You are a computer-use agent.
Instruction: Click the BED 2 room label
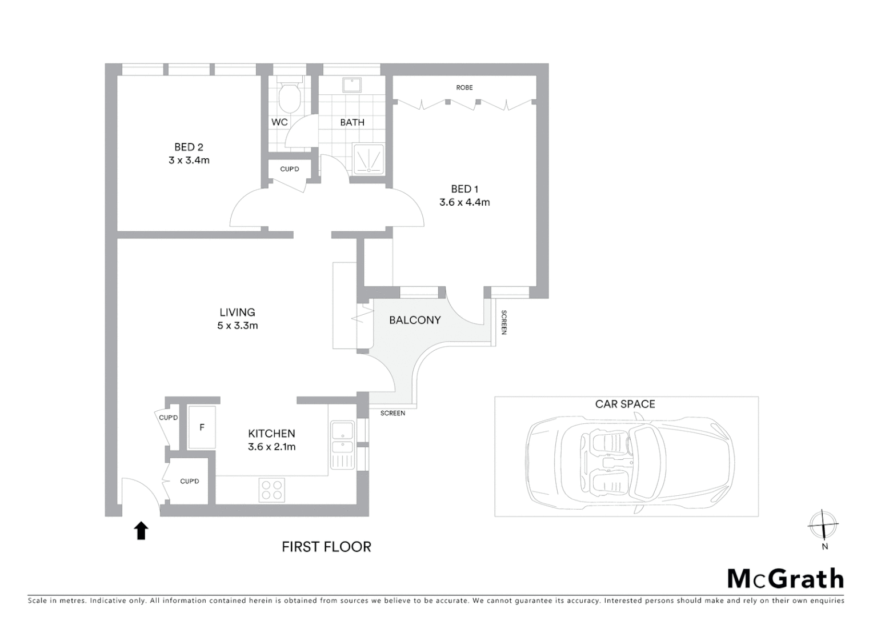189,147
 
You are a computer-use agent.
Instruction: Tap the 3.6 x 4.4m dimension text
464,202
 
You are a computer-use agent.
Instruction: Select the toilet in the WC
289,98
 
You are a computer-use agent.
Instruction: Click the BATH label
352,122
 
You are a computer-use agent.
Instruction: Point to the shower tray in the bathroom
369,158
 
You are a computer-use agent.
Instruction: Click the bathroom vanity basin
350,85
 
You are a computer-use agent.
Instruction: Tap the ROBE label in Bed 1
464,87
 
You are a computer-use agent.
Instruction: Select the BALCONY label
415,320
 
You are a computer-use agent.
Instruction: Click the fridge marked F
202,427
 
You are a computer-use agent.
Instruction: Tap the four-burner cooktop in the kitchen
271,490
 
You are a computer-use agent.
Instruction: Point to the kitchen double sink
342,438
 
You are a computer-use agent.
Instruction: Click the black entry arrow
141,531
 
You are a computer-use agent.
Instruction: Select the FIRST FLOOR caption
326,547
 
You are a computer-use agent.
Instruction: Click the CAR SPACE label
624,404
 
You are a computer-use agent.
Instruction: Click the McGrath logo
785,579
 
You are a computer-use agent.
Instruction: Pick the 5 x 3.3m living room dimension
237,326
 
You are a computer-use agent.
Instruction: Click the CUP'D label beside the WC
289,170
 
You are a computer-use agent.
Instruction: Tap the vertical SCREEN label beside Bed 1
503,322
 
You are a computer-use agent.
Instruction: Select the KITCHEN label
271,434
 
